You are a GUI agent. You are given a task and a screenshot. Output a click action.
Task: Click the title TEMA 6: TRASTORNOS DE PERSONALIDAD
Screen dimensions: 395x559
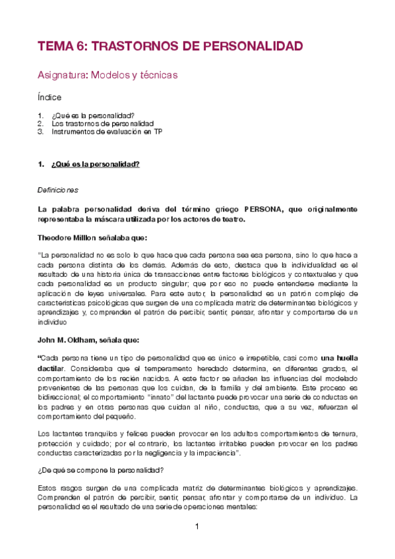pos(170,46)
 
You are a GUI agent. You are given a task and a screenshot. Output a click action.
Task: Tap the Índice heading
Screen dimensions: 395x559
pos(49,97)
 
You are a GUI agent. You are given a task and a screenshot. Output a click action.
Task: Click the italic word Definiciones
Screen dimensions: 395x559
pos(58,190)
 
